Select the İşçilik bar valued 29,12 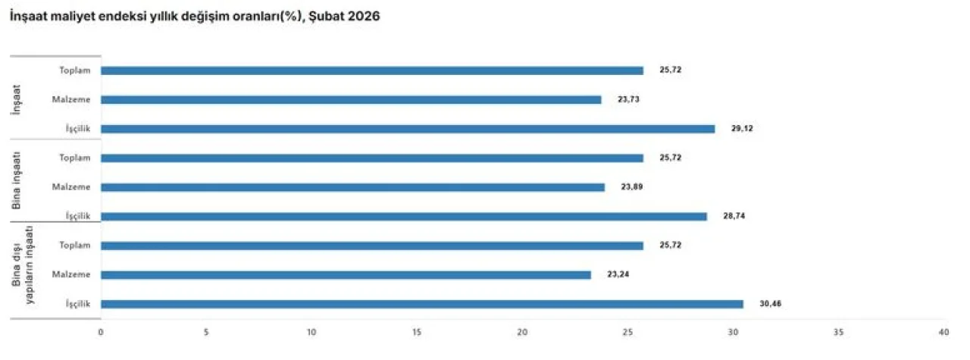coord(408,129)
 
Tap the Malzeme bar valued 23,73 coord(351,99)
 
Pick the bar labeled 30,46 coord(421,304)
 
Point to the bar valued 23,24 coord(346,275)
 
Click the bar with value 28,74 coord(403,217)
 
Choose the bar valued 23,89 coord(352,187)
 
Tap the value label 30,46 coord(771,304)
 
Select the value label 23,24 coord(618,275)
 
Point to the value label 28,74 coord(734,217)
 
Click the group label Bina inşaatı coord(17,180)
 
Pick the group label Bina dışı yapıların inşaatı coord(23,268)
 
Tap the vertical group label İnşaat coord(17,99)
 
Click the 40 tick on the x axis coord(943,333)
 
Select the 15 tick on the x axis coord(417,333)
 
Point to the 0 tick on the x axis coord(101,333)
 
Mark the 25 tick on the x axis coord(627,333)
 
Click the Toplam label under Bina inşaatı coord(75,158)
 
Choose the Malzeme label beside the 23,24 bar coord(72,275)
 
